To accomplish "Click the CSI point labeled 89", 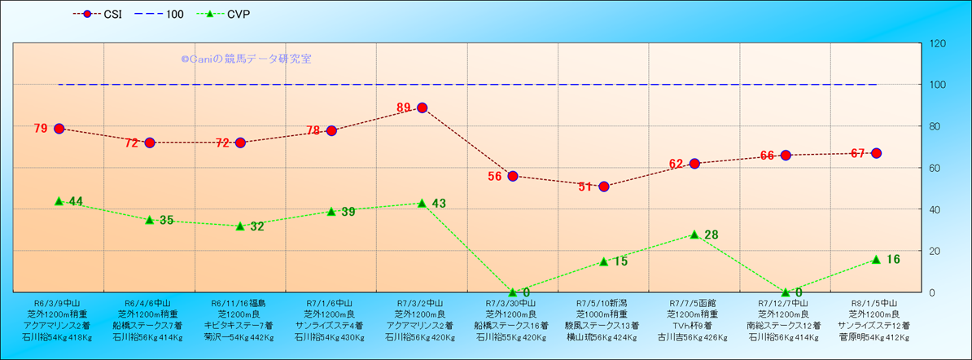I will click(422, 108).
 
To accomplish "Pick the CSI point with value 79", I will click(59, 129).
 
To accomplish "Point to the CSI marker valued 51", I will click(603, 187).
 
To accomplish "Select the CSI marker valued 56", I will click(512, 176).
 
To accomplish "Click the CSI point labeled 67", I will click(876, 153).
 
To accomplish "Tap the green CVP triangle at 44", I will click(59, 200).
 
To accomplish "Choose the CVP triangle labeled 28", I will click(694, 234).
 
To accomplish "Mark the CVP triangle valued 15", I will click(603, 261).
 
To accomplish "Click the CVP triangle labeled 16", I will click(876, 259).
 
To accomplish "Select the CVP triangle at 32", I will click(240, 226).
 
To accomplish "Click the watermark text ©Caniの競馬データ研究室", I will click(246, 59).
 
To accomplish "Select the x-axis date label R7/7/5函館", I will click(694, 301).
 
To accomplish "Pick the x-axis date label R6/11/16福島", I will click(240, 301).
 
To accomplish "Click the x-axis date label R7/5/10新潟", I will click(603, 301).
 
